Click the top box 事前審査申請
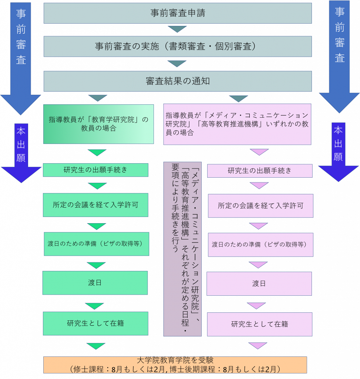point(178,13)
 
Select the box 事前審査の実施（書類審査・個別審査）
point(178,46)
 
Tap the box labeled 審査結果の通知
point(178,81)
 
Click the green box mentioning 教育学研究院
point(98,124)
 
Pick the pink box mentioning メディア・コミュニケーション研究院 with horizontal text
point(237,124)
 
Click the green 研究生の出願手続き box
point(96,170)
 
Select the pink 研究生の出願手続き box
point(260,171)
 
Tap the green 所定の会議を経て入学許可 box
point(96,205)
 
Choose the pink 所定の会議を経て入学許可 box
point(261,206)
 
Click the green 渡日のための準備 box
point(97,244)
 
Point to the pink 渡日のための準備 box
point(261,245)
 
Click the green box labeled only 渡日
point(95,283)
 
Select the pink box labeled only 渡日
point(259,284)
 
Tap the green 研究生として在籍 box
point(96,323)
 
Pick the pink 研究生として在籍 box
point(260,324)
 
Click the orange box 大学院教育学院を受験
point(175,365)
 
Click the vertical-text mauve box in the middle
point(182,249)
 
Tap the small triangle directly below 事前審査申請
point(177,29)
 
